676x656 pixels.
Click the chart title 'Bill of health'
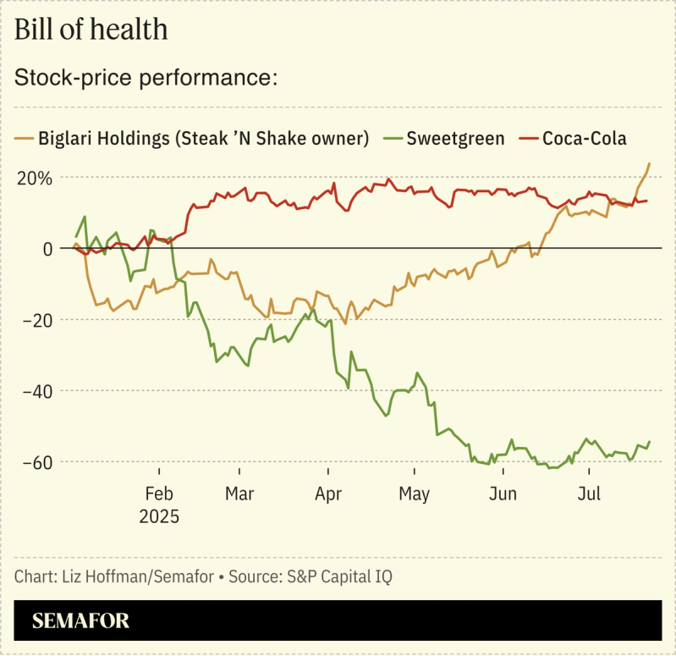[x=91, y=30]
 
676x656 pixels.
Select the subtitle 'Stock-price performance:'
[x=146, y=78]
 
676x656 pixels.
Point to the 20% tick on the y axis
[x=34, y=178]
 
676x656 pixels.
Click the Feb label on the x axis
[x=159, y=493]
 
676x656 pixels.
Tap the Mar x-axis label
[x=239, y=493]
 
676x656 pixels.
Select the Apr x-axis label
[x=327, y=493]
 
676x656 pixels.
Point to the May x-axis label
[x=414, y=493]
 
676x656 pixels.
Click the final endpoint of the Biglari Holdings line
[x=649, y=163]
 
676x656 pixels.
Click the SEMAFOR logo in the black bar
[x=80, y=621]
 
